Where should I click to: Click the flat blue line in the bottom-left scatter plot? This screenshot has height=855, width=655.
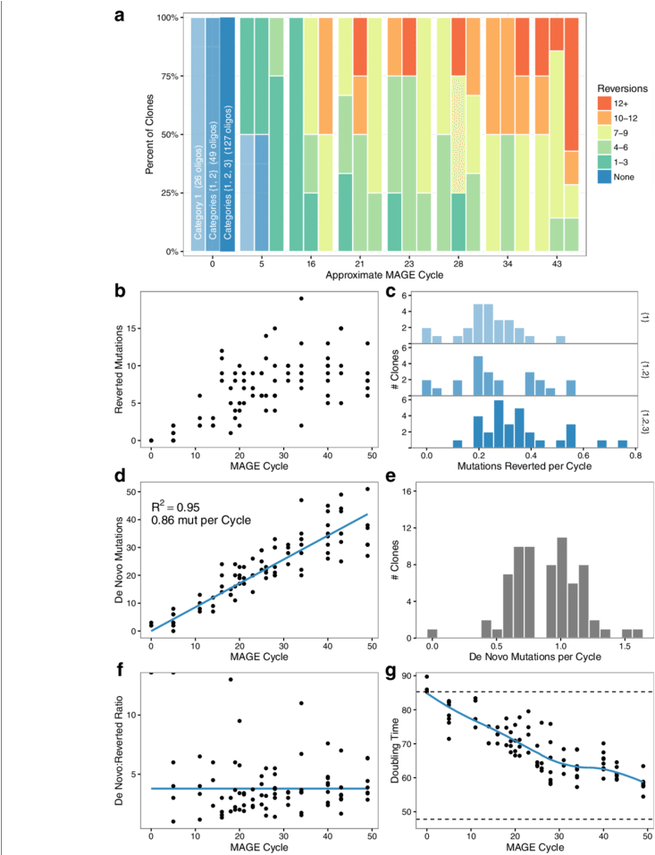coord(259,788)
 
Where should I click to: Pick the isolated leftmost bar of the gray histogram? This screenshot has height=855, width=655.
coord(432,633)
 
